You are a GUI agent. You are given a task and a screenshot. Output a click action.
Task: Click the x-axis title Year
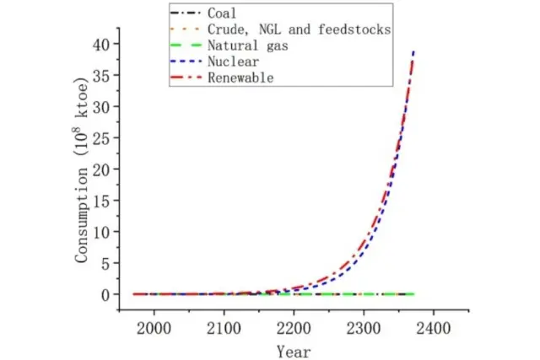point(293,351)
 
